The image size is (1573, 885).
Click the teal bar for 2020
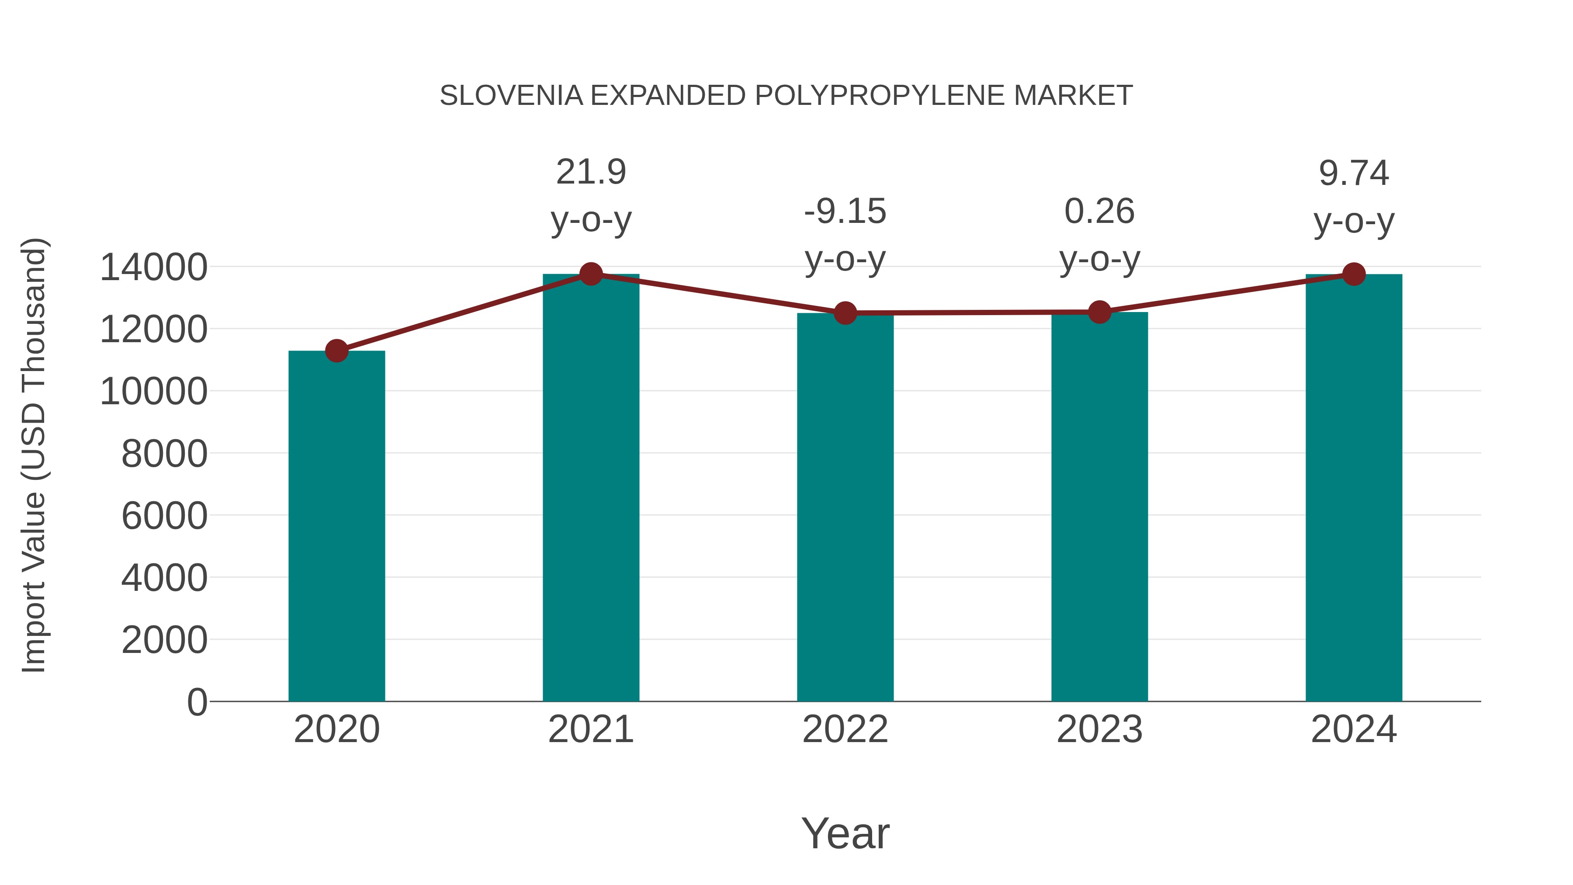[x=336, y=525]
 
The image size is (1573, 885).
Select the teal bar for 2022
[x=845, y=507]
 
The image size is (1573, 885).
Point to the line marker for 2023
[x=1099, y=312]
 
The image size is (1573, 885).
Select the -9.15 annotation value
[x=845, y=212]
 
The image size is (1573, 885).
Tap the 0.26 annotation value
[x=1099, y=212]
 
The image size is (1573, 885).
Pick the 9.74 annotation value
[x=1354, y=174]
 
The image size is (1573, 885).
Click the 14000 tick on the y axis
[x=153, y=267]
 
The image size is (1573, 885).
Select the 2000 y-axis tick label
[x=164, y=640]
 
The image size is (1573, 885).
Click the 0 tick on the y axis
[x=197, y=702]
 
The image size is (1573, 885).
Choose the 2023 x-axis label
[x=1099, y=729]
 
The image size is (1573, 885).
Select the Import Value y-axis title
[x=34, y=455]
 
